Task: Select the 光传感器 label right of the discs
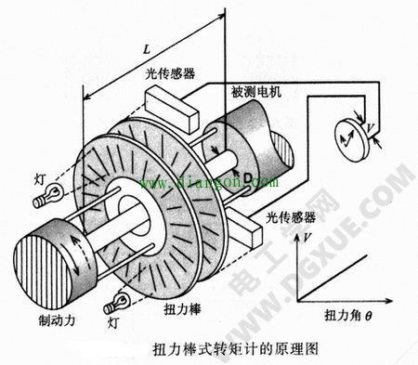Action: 281,216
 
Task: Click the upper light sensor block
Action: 170,106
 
